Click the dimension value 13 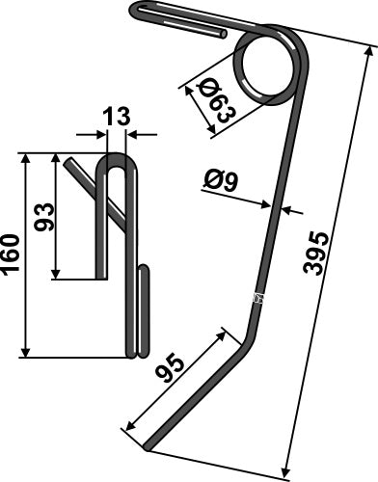pyautogui.click(x=115, y=118)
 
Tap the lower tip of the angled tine pyautogui.click(x=148, y=446)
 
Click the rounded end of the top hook pyautogui.click(x=135, y=12)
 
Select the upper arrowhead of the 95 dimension pyautogui.click(x=229, y=332)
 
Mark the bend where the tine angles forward pyautogui.click(x=249, y=328)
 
